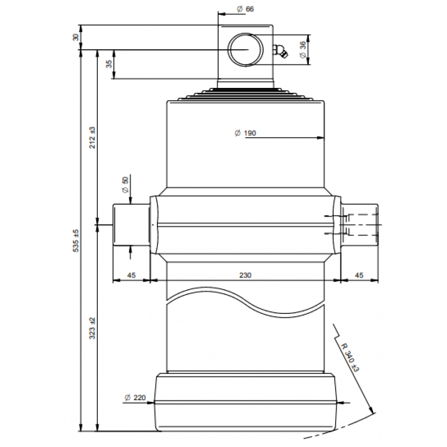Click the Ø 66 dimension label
click(245, 9)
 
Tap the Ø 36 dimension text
click(303, 49)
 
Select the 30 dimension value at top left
click(76, 37)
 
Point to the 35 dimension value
click(109, 64)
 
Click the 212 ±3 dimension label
click(92, 138)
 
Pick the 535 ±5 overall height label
click(76, 241)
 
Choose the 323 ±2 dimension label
click(92, 328)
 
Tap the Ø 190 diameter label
click(245, 133)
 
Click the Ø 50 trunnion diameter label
click(126, 185)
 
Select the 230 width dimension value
click(245, 275)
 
